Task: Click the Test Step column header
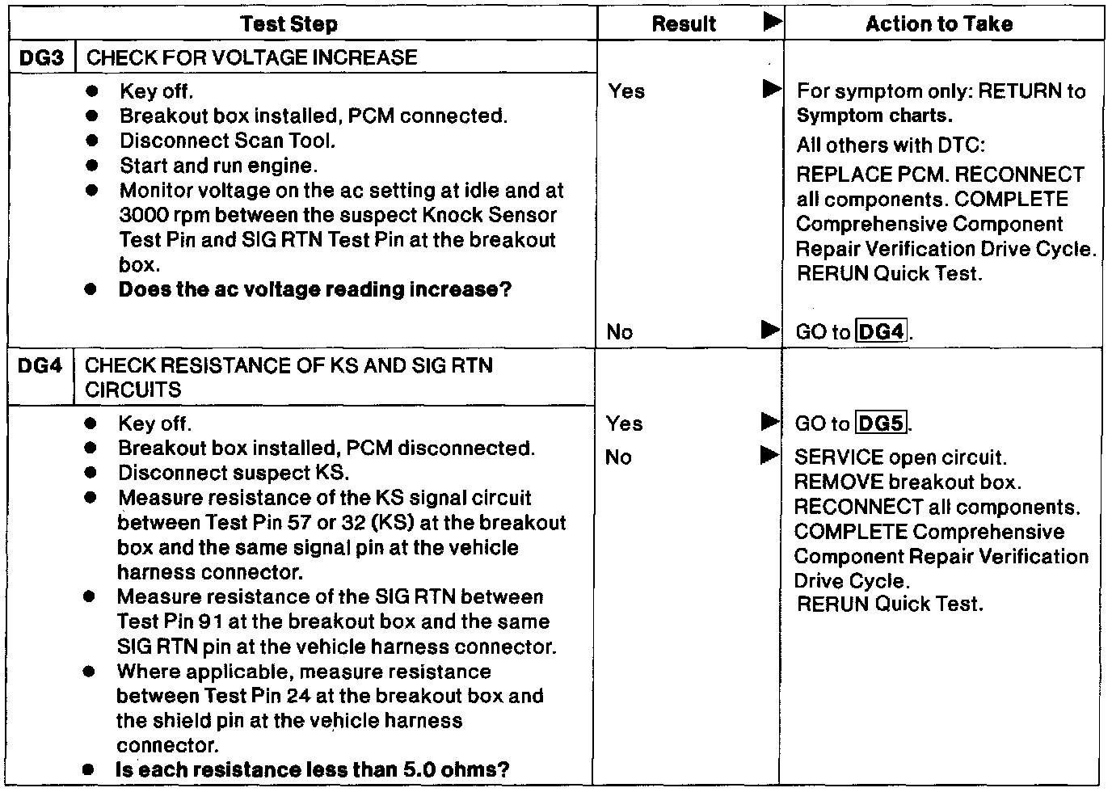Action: [x=289, y=24]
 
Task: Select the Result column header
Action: [x=684, y=24]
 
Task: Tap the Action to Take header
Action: [x=938, y=24]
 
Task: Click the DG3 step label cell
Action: [x=41, y=57]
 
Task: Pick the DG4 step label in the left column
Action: [x=40, y=365]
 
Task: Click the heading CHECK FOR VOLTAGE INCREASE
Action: [x=251, y=57]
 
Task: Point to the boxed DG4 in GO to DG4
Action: [x=882, y=331]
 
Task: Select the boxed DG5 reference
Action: [x=882, y=423]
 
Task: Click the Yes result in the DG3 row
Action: [x=626, y=91]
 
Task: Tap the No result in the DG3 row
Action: [x=619, y=331]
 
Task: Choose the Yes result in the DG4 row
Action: [x=624, y=423]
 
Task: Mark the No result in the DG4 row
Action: [x=618, y=457]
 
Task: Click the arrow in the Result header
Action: [x=772, y=23]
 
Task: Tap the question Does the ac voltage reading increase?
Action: [x=315, y=289]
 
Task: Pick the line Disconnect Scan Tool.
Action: [x=227, y=141]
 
